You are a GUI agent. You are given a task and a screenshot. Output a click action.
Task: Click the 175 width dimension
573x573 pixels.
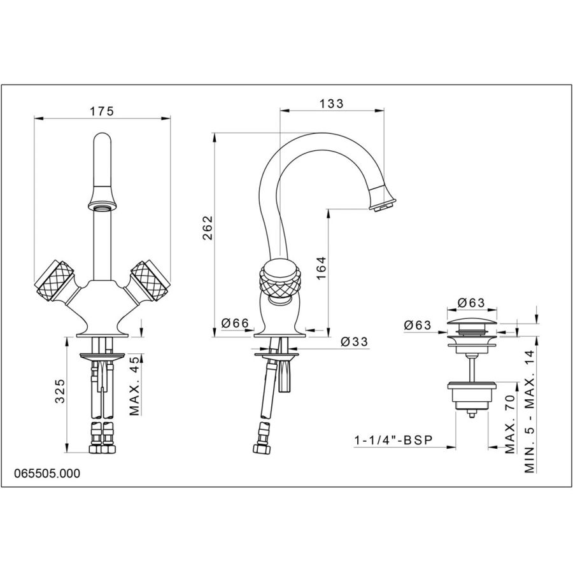pyautogui.click(x=103, y=111)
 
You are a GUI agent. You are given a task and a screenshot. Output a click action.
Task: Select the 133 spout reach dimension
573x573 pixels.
pyautogui.click(x=332, y=103)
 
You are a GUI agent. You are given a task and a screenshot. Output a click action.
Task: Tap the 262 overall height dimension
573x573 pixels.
pyautogui.click(x=208, y=228)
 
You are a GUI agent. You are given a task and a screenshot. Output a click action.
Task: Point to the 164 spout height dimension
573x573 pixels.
pyautogui.click(x=321, y=268)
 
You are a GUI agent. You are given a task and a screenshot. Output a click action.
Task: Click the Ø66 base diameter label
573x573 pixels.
pyautogui.click(x=235, y=323)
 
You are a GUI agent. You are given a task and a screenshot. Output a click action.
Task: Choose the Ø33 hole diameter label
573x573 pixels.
pyautogui.click(x=354, y=341)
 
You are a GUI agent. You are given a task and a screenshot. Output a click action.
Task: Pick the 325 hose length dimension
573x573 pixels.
pyautogui.click(x=60, y=391)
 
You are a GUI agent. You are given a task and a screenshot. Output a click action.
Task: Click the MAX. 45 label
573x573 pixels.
pyautogui.click(x=134, y=386)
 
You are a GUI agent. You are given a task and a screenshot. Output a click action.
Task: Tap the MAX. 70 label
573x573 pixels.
pyautogui.click(x=510, y=424)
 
